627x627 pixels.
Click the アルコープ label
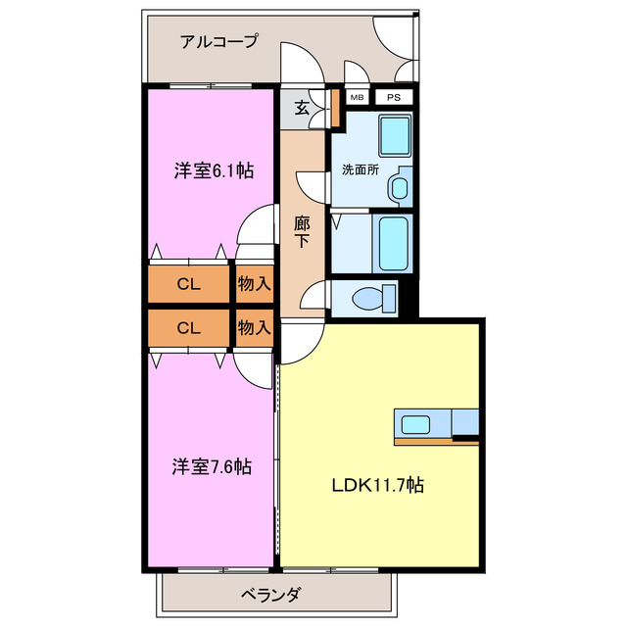coord(218,41)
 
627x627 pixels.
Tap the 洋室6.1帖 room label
coord(214,170)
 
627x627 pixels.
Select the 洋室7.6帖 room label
coord(214,466)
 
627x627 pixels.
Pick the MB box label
coord(356,98)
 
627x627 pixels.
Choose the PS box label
coord(392,98)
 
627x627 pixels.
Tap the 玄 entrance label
coord(303,109)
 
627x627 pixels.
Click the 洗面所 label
coord(360,169)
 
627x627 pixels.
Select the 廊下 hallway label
coord(303,231)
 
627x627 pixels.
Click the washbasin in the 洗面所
coord(400,187)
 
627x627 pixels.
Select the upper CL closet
coord(189,284)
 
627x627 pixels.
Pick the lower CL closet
coord(189,328)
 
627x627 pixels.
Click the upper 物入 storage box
coord(254,284)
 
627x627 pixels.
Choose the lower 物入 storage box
coord(254,328)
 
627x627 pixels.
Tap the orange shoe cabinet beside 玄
coord(334,109)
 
